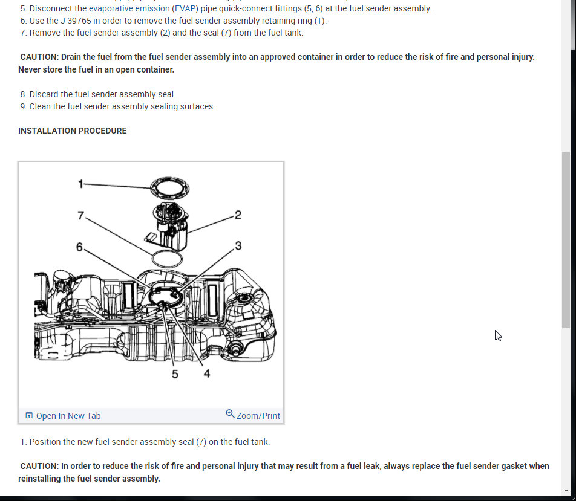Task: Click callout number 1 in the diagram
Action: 81,184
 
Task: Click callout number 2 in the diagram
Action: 238,215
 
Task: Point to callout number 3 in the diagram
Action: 238,245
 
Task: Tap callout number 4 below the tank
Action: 207,373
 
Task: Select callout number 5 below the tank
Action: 175,374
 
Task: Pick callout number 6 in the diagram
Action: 79,247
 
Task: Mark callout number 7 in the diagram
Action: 81,215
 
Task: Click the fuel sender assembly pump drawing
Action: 169,227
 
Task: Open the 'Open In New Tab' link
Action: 63,416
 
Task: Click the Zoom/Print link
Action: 258,416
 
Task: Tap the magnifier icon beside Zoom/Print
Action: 230,413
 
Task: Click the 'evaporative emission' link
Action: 129,8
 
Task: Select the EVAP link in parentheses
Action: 185,8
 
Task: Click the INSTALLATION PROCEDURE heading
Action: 73,131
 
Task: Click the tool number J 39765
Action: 76,21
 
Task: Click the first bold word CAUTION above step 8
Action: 39,57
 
